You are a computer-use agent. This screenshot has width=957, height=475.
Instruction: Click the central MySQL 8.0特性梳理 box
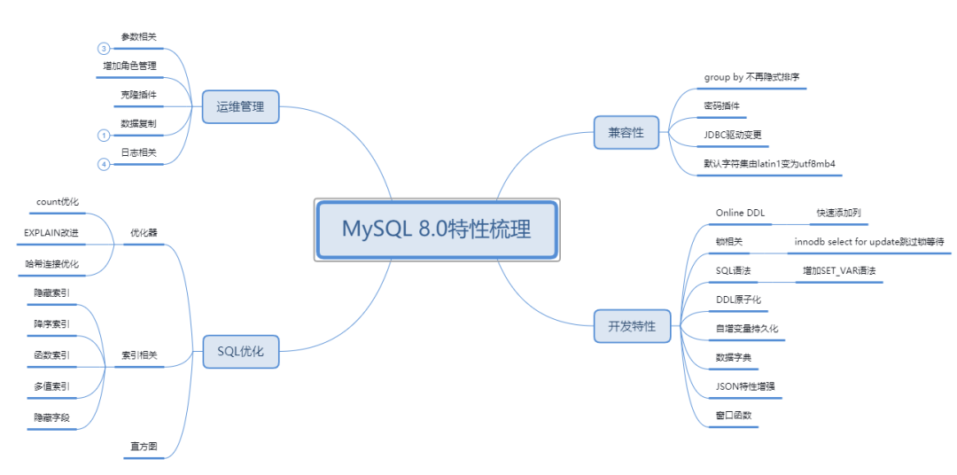437,230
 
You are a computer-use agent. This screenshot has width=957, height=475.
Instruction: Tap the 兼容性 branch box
626,133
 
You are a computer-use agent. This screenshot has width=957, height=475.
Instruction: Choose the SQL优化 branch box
240,351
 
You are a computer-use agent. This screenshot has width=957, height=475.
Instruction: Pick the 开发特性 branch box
632,326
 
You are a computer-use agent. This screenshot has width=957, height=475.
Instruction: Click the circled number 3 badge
104,49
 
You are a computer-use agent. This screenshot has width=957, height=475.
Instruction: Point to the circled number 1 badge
104,136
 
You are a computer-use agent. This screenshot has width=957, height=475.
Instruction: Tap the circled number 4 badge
104,164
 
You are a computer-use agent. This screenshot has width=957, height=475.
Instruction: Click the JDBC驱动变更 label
731,135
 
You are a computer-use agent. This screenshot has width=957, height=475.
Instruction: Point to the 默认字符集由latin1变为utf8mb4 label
770,164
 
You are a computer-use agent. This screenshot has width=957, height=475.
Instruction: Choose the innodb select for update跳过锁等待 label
869,241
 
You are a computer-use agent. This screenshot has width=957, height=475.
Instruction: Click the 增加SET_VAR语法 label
839,270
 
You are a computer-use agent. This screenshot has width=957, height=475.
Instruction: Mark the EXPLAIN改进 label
51,232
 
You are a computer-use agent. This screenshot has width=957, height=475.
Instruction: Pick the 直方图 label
140,448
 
